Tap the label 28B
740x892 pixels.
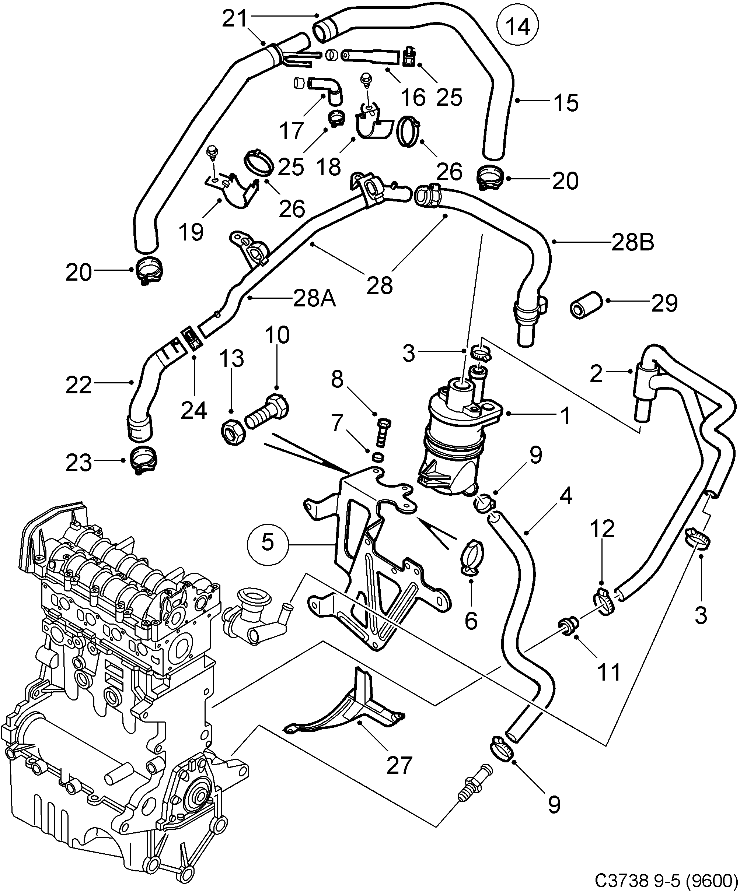(632, 243)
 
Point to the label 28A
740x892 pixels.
(314, 299)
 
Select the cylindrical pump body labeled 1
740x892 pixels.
(457, 438)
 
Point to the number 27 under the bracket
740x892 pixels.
(399, 765)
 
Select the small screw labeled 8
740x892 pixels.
(383, 433)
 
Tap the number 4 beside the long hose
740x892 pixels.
(565, 496)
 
